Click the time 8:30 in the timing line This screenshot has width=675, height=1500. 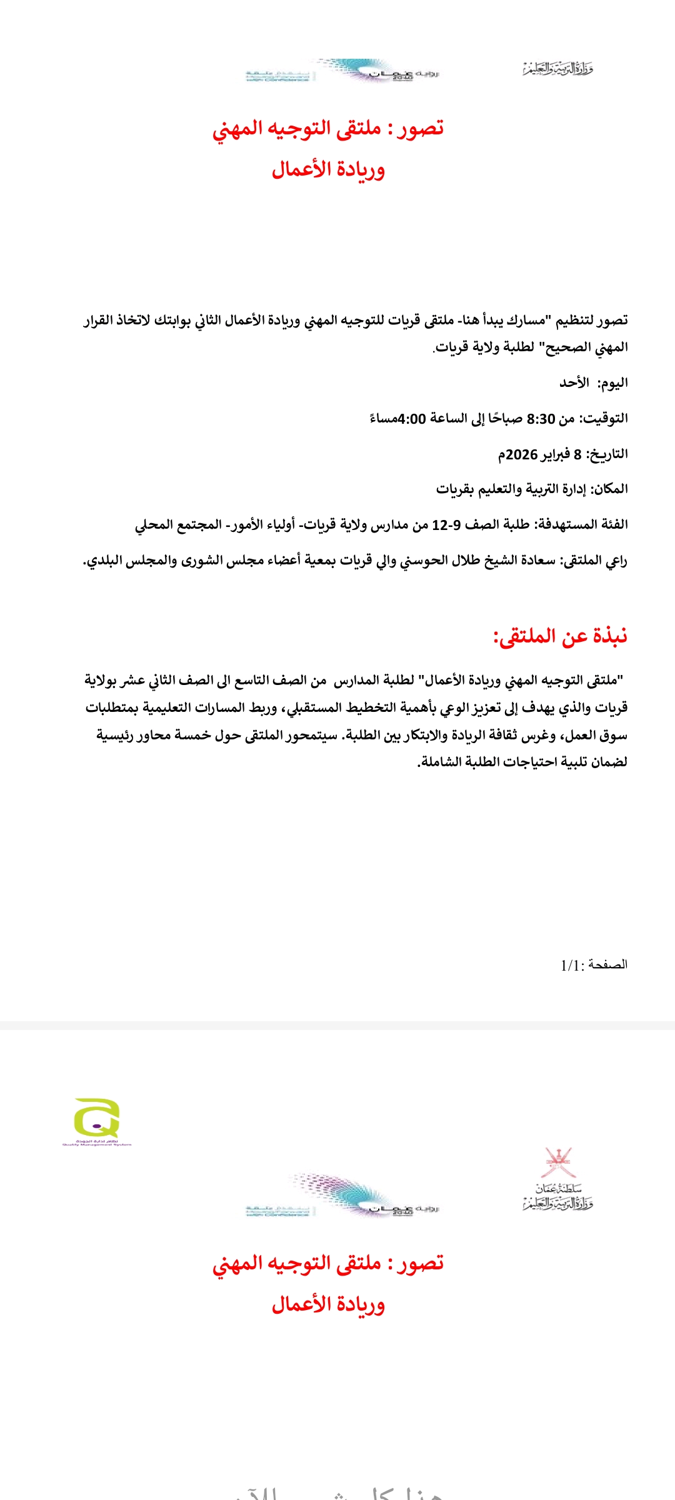541,419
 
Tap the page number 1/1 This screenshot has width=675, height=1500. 571,966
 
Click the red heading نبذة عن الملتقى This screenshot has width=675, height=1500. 561,636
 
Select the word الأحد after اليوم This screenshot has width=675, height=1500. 574,383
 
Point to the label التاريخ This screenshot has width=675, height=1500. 606,454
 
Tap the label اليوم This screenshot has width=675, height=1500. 612,383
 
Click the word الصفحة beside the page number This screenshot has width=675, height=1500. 608,965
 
